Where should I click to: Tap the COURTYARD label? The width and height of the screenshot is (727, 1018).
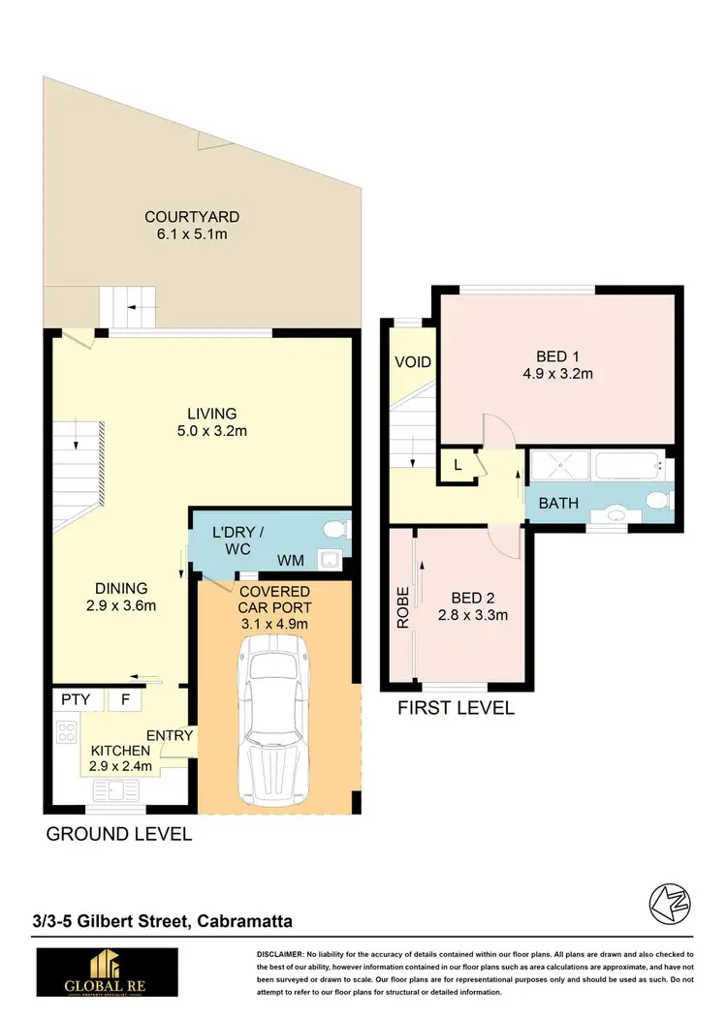point(192,217)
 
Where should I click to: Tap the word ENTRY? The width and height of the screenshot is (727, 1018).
point(171,736)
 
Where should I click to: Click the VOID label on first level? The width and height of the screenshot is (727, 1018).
point(412,362)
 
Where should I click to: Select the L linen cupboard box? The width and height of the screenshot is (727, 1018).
point(457,465)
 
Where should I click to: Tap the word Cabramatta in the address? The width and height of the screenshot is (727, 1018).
point(243,921)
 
